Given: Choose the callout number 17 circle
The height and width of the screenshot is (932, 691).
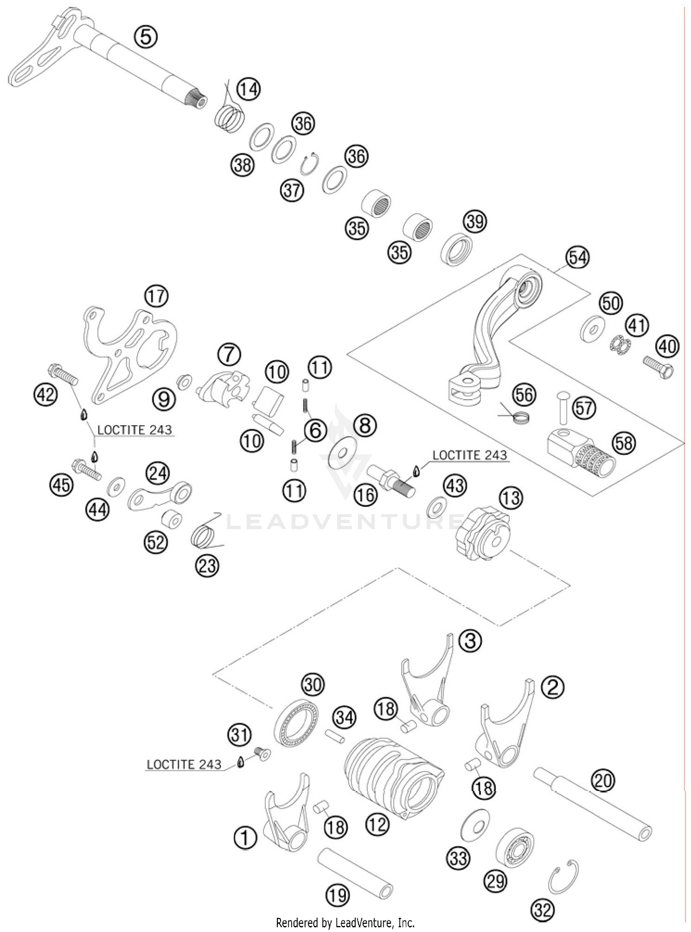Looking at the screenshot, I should point(156,296).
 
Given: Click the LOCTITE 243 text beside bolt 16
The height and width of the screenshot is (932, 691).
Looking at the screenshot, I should point(469,455).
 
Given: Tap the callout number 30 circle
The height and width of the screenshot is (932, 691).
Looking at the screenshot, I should point(312,685).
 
